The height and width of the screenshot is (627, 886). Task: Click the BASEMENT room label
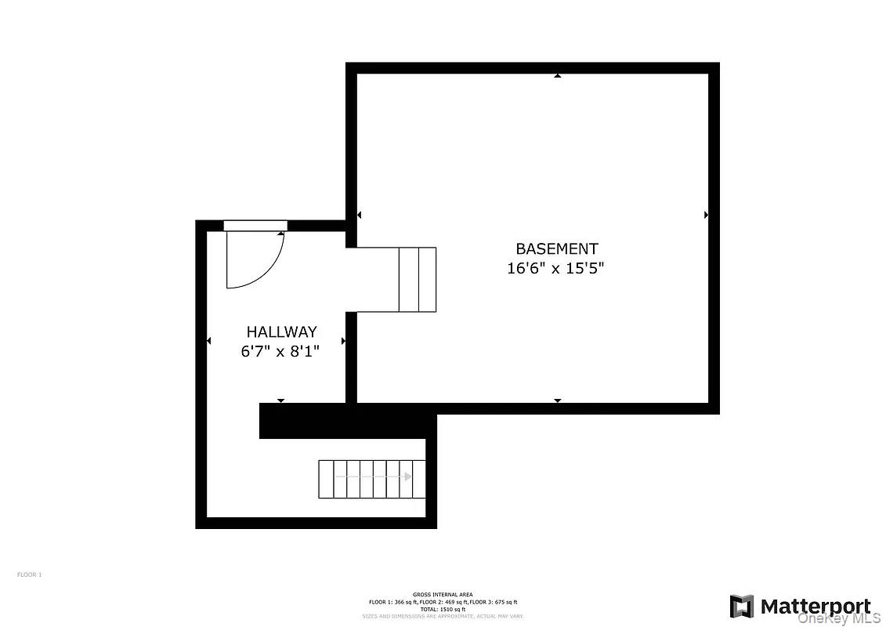point(556,249)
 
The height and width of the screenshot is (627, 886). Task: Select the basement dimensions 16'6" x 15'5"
point(556,269)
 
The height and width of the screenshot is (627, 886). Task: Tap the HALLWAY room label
point(281,332)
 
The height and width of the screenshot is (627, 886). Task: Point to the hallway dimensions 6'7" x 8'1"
point(280,352)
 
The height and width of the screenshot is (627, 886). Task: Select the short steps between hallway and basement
point(417,280)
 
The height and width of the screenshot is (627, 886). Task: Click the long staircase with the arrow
point(371,479)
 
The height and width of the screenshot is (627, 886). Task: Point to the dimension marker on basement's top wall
point(558,76)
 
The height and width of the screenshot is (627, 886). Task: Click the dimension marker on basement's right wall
point(706,215)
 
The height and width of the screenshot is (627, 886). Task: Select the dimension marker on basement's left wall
point(359,215)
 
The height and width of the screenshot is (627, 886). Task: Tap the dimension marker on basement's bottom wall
point(558,400)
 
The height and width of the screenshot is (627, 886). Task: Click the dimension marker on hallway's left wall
point(208,341)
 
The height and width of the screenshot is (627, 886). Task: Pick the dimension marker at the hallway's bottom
point(280,400)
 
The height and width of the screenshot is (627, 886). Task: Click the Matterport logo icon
point(742,607)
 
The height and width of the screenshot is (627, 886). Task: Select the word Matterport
point(815,607)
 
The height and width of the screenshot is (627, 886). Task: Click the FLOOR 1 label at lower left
point(29,574)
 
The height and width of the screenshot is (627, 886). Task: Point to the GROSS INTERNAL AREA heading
point(443,595)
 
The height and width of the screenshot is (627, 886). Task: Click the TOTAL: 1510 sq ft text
point(443,609)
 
